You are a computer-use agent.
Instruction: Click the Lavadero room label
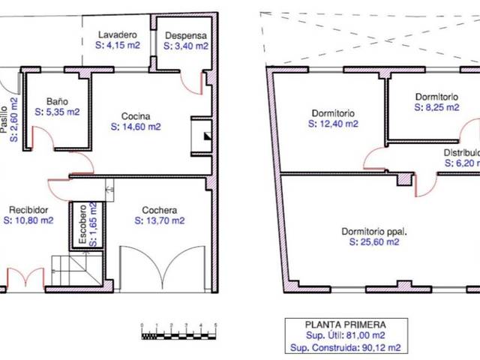point(117,35)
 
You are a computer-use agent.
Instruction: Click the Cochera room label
point(160,210)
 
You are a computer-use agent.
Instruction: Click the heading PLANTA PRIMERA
point(345,325)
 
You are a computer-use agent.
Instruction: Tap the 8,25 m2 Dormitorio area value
point(436,107)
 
